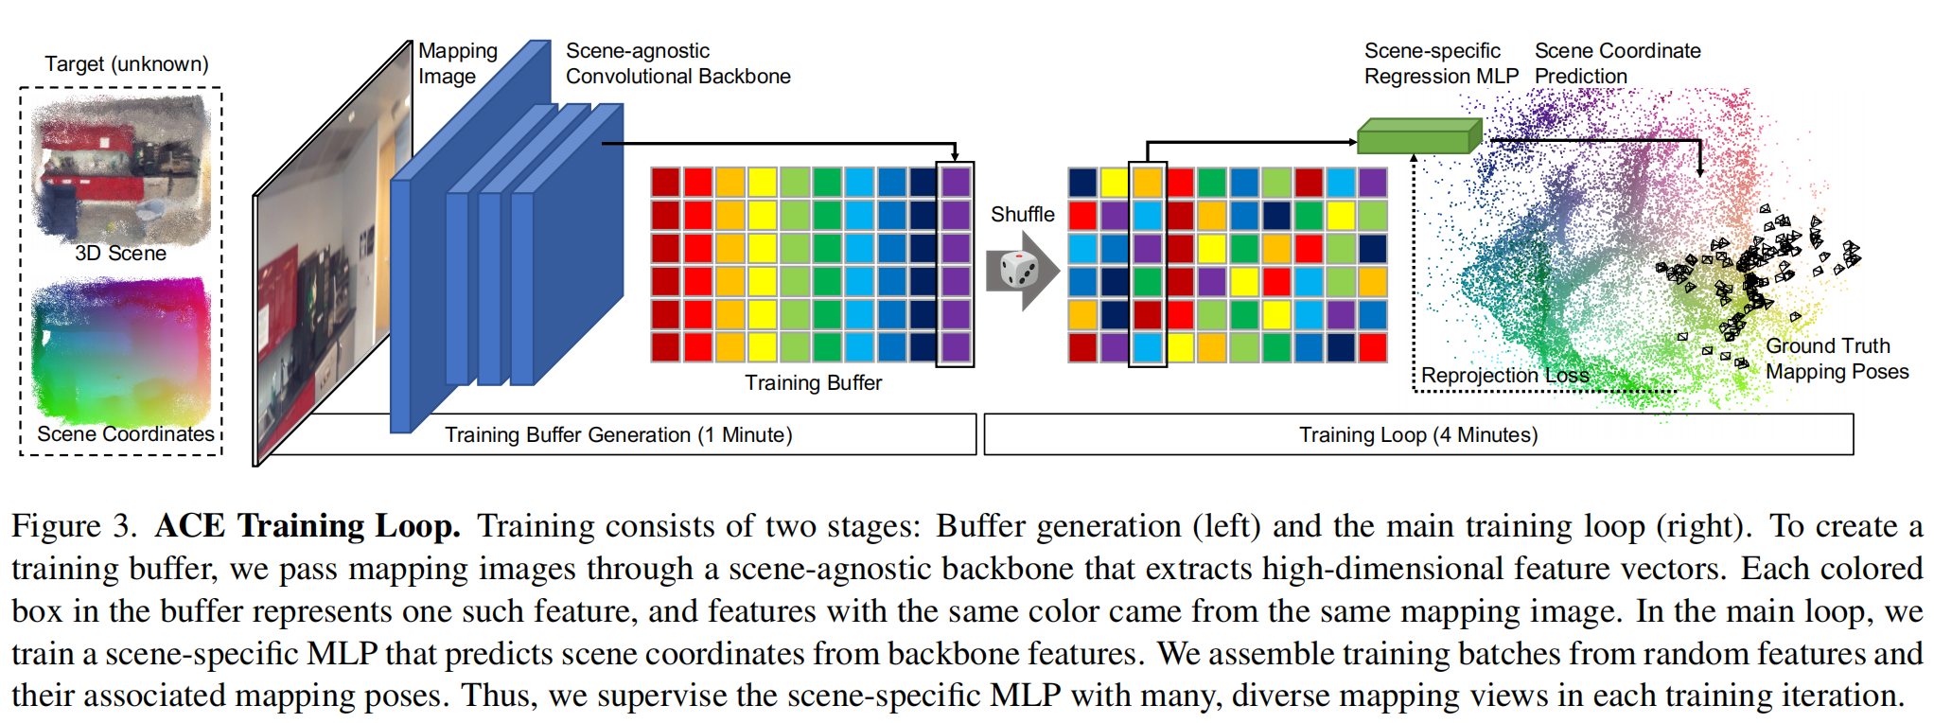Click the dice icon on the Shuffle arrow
tap(1018, 270)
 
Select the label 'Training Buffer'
tap(813, 382)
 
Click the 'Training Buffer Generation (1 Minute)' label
tap(618, 434)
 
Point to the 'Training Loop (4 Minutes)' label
tap(1417, 434)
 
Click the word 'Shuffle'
tap(1022, 215)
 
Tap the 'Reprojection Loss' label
tap(1504, 376)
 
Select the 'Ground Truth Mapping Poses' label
tap(1837, 359)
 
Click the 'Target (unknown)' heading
tap(126, 64)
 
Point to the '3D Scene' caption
tap(120, 254)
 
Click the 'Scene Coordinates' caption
tap(126, 433)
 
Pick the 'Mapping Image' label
tap(458, 63)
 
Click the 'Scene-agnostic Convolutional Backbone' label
tap(677, 63)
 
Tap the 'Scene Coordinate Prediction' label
tap(1617, 63)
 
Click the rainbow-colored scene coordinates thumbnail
tap(120, 350)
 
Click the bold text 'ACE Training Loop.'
tap(308, 526)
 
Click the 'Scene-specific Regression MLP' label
tap(1440, 63)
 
